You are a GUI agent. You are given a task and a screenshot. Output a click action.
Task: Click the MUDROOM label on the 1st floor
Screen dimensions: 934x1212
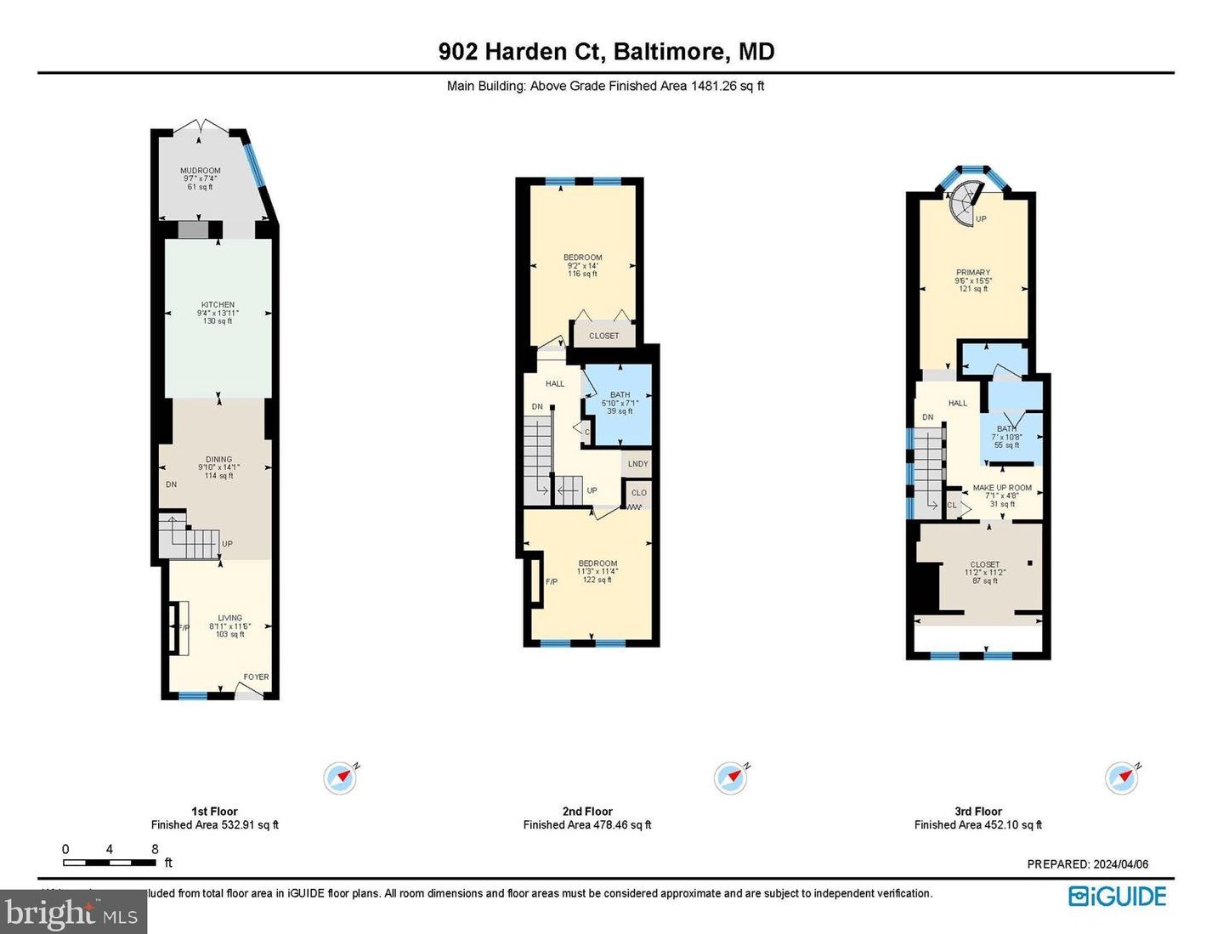coord(200,171)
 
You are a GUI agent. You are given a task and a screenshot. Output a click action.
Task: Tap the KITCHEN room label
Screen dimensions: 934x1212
coord(218,305)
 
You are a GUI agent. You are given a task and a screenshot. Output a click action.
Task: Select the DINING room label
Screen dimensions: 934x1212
coord(218,460)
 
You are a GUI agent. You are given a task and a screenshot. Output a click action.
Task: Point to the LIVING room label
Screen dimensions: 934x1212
coord(229,618)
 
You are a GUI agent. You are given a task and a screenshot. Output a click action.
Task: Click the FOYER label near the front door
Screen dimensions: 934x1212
coord(256,677)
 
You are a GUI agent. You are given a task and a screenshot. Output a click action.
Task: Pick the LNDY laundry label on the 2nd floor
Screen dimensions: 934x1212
coord(637,464)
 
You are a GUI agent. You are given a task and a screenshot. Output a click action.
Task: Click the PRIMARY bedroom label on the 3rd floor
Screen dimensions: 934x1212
coord(972,273)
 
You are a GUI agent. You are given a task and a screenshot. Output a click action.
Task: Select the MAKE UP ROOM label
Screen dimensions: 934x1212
coord(1002,488)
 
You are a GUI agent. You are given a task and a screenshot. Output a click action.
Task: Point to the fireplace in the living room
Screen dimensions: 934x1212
coord(178,628)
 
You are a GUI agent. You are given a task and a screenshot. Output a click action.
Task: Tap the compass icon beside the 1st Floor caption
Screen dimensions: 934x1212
coord(340,778)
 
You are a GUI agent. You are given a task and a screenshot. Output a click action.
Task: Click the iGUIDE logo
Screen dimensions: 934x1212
coord(1117,897)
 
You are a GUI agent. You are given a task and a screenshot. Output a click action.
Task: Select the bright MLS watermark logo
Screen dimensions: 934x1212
coord(72,914)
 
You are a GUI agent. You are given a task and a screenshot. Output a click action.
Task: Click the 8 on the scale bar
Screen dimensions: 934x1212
coord(155,849)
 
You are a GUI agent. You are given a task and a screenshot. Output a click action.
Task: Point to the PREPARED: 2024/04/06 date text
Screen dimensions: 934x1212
coord(1087,864)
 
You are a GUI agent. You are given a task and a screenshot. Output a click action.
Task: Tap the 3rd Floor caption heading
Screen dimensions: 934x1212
coord(977,812)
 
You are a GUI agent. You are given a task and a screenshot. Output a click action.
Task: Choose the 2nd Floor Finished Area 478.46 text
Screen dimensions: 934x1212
coord(586,825)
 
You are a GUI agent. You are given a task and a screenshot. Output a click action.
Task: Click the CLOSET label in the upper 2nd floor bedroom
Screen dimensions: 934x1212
coord(603,336)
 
